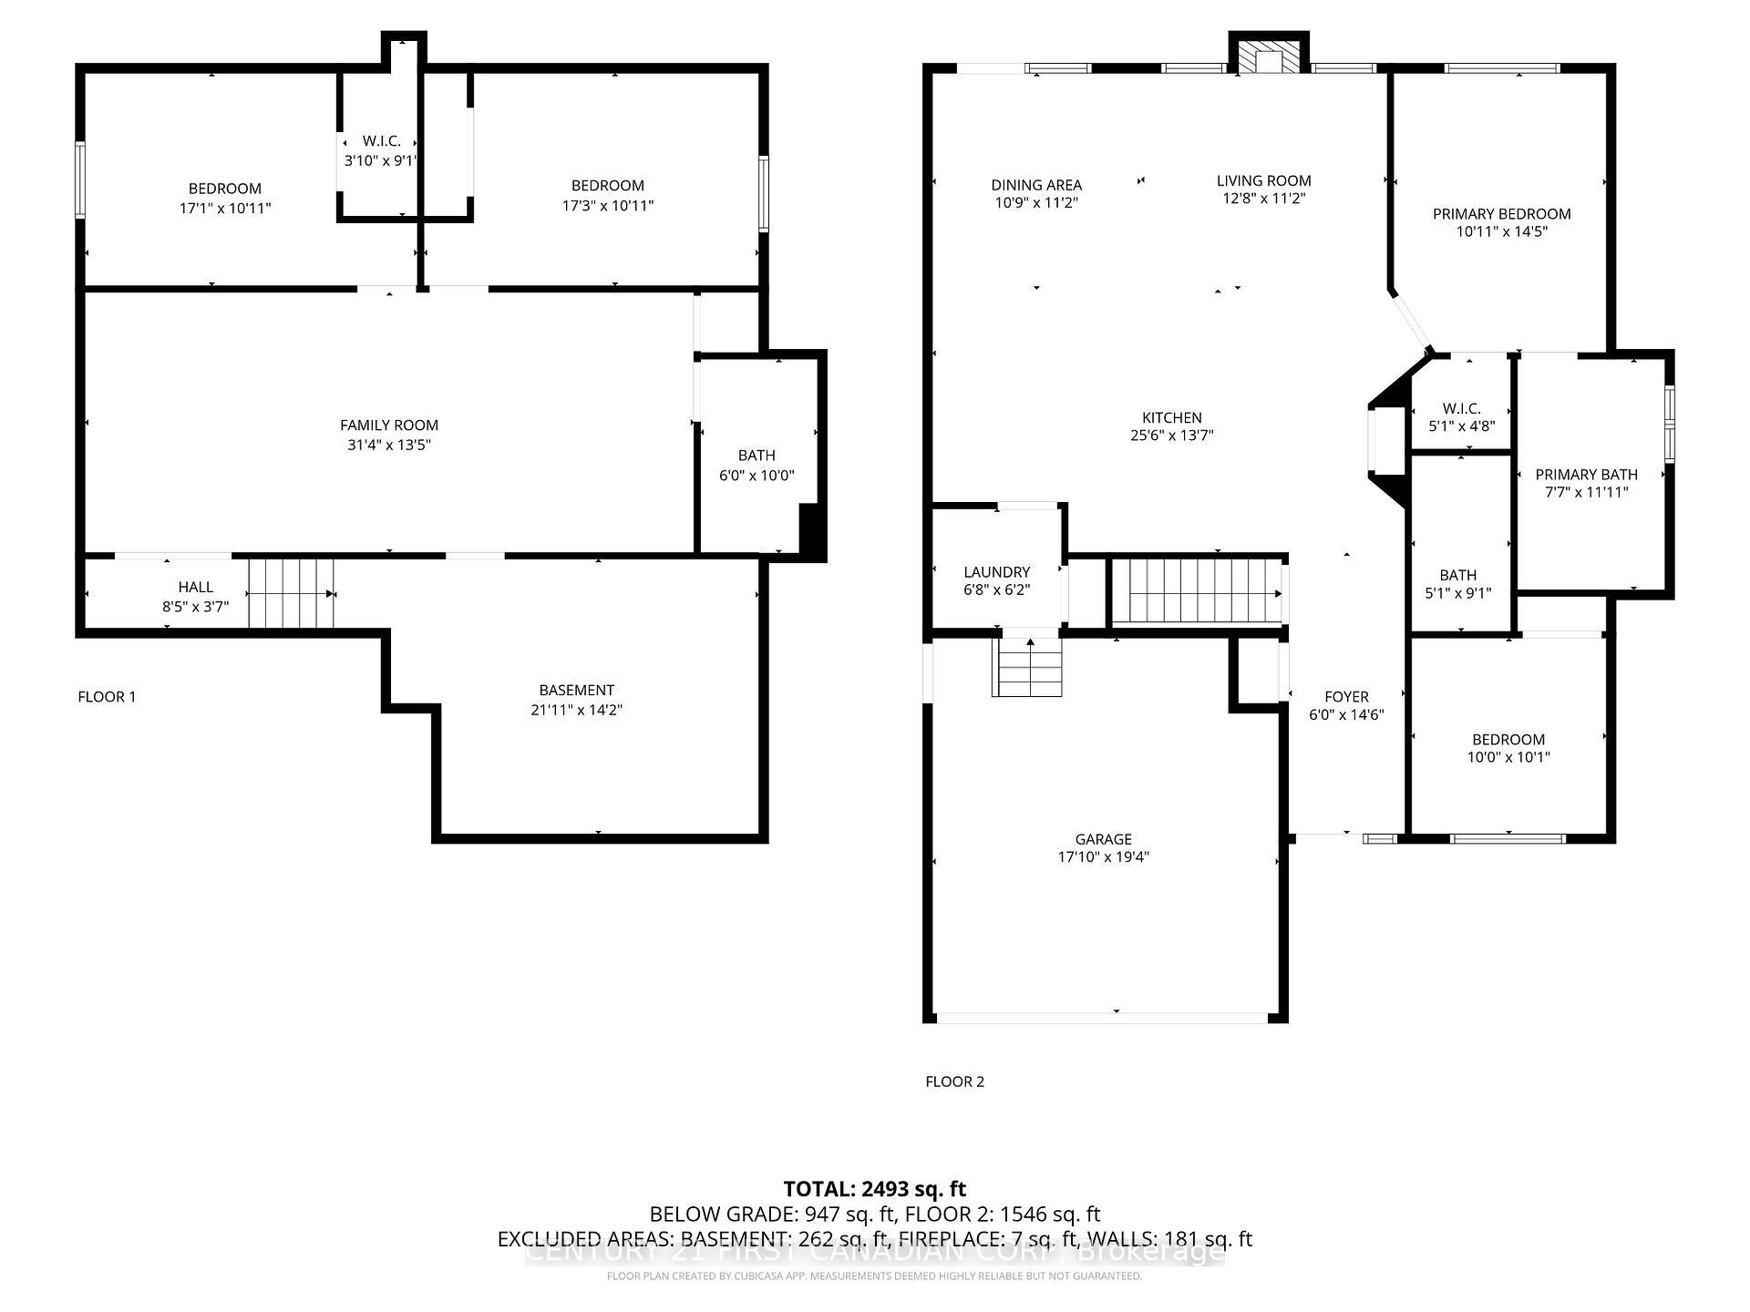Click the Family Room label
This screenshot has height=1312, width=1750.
[389, 425]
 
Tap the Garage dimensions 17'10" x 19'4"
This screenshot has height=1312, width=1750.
[1103, 857]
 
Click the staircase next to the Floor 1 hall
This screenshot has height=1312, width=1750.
[291, 593]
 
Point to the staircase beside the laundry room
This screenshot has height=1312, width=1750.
[1195, 591]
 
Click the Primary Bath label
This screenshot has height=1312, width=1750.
[1586, 475]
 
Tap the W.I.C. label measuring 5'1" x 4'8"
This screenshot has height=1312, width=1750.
[1461, 409]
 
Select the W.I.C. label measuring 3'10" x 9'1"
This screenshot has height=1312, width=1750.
[381, 141]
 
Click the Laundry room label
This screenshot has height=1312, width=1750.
[997, 572]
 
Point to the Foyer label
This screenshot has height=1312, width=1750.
[1346, 697]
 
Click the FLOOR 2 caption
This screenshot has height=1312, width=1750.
[954, 1081]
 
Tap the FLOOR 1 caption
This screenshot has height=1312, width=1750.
[107, 697]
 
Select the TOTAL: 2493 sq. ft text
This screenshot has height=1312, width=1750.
[874, 1189]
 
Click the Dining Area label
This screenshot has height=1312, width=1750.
[1036, 185]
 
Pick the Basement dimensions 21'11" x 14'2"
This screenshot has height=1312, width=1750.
[576, 710]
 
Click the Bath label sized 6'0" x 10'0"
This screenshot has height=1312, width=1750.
[757, 456]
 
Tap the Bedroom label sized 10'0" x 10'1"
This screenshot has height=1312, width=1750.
[1508, 740]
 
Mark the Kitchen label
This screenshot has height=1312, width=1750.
[1171, 418]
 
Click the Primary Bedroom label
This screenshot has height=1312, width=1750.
[1501, 214]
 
